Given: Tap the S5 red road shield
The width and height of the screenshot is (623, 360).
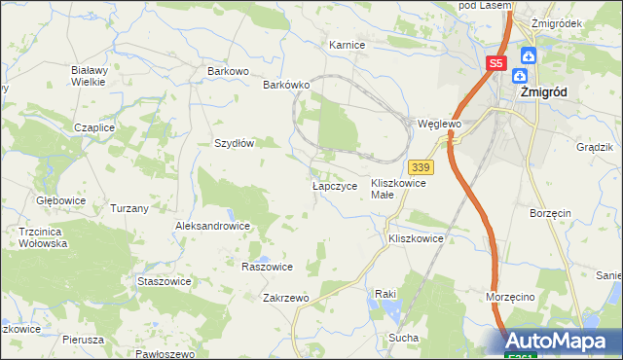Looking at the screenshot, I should point(496,63).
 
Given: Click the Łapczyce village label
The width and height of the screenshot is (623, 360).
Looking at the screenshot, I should point(335,185).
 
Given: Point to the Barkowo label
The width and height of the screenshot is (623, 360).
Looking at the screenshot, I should point(229,71).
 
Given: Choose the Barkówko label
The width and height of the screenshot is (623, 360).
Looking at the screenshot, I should point(286,85).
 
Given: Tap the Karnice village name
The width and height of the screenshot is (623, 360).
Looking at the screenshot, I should point(347,45).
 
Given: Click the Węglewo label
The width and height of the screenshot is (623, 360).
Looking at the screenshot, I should point(438,125).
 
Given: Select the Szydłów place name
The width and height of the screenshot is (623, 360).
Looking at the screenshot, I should point(234,143).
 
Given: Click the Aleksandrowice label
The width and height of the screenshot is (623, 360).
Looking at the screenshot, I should point(212,226).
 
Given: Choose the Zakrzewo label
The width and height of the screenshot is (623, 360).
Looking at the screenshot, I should point(285,298).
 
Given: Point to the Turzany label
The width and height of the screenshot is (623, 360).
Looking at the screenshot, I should point(129,208).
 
